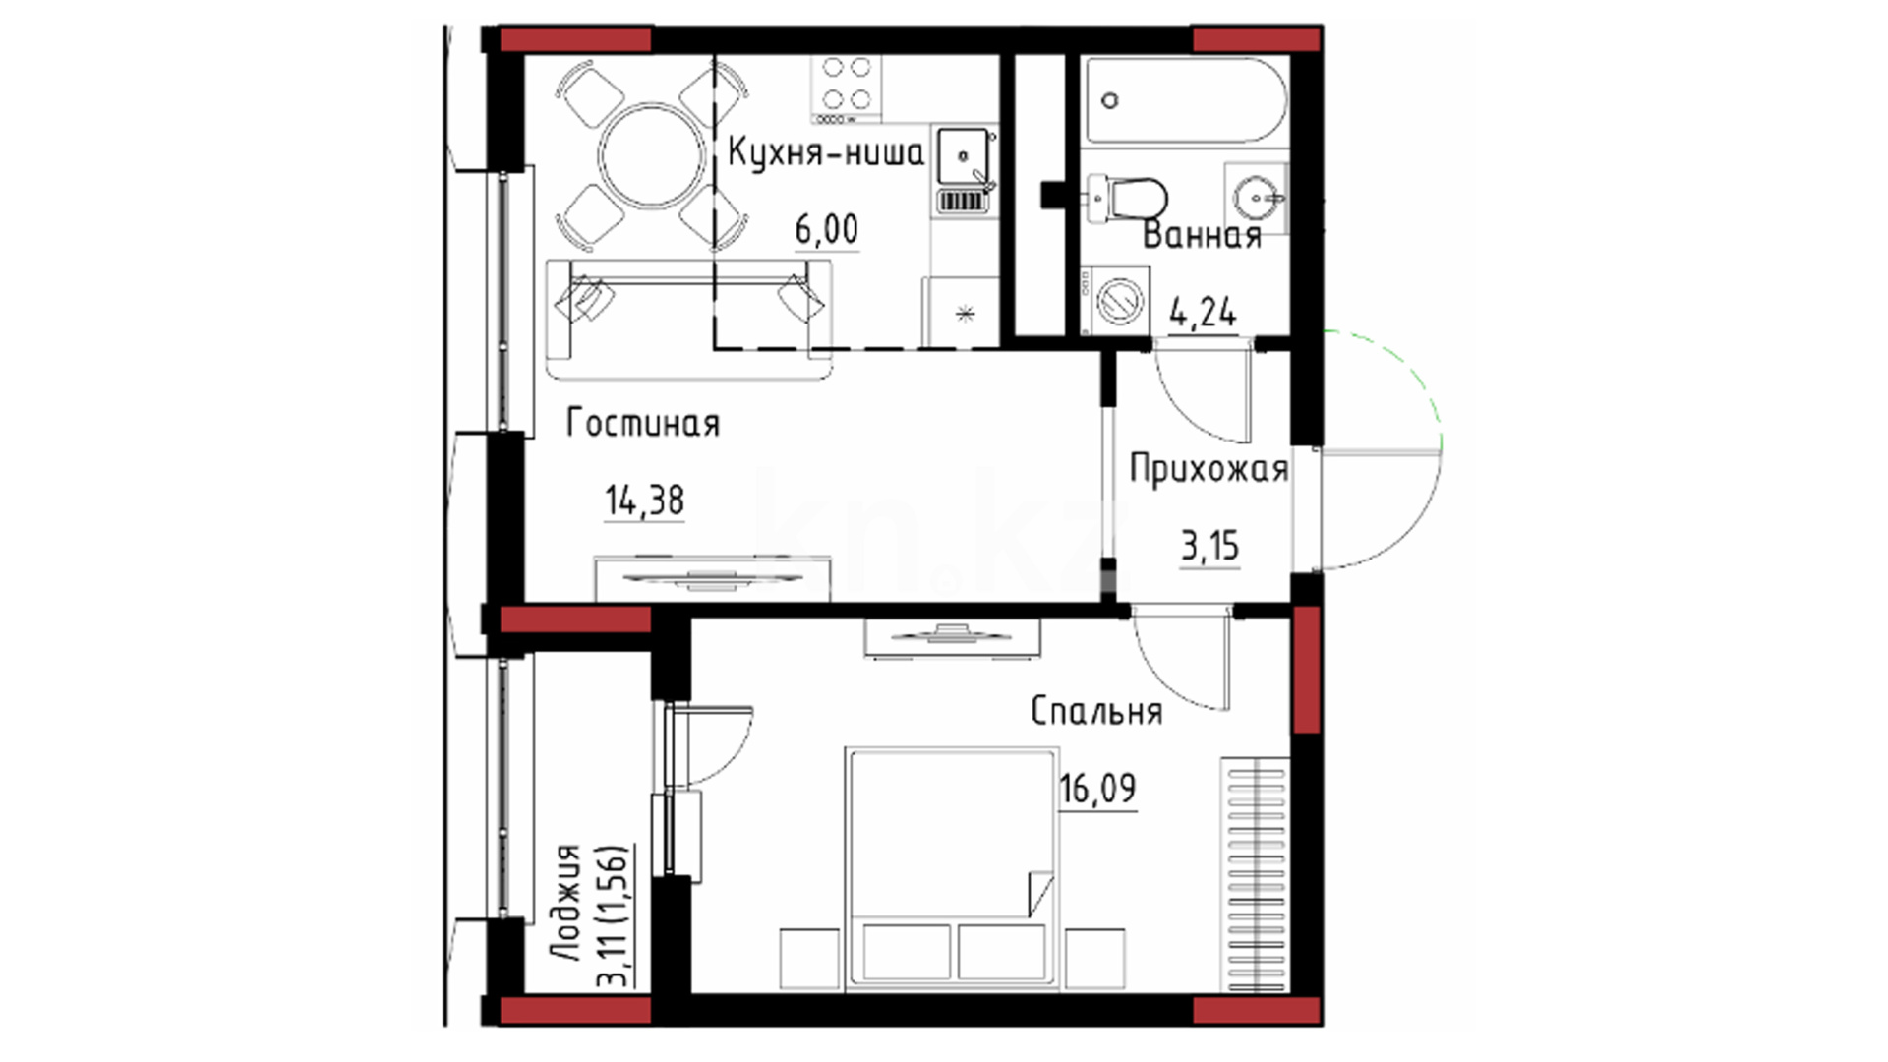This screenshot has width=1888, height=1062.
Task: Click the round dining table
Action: click(653, 156)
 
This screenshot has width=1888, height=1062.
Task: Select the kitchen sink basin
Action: click(964, 156)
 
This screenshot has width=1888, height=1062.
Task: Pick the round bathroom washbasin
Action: click(1256, 199)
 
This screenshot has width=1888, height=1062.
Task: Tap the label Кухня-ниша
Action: click(826, 154)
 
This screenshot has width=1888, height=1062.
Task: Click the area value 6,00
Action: click(826, 230)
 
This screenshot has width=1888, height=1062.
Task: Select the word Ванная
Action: click(1202, 236)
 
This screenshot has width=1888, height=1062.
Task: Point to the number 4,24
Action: click(1203, 313)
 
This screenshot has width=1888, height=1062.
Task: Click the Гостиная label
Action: click(643, 424)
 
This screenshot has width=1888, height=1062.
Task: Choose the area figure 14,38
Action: click(644, 501)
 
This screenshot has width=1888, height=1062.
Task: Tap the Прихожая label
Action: click(1209, 469)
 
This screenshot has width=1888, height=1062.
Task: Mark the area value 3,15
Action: click(1209, 546)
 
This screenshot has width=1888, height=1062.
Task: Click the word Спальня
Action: click(1096, 711)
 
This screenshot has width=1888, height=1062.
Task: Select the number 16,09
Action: click(1097, 789)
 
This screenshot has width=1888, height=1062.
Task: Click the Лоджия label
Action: click(566, 904)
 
